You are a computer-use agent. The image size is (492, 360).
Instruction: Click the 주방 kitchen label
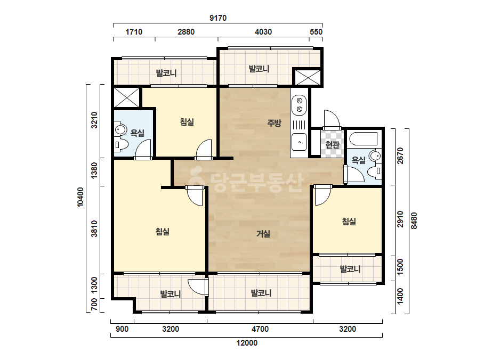click(274, 123)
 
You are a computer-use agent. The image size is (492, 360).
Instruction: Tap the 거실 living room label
click(263, 234)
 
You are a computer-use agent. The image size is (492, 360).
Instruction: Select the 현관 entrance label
click(332, 144)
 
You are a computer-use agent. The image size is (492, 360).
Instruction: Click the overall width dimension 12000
click(247, 343)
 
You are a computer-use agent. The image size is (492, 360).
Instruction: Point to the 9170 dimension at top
click(218, 18)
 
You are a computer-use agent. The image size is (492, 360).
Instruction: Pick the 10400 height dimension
click(80, 197)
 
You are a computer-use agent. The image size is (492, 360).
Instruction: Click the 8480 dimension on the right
click(414, 221)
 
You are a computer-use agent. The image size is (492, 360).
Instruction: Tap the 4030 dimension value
click(263, 31)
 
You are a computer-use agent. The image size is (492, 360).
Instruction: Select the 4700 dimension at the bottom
click(260, 329)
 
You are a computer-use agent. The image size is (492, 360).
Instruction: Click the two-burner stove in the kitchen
click(300, 105)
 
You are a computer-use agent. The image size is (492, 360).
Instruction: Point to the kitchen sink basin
click(299, 142)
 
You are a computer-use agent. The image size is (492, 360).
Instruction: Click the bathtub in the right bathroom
click(364, 138)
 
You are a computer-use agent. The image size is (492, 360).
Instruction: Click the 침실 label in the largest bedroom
click(163, 232)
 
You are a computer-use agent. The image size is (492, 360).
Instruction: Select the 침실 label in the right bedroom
click(349, 222)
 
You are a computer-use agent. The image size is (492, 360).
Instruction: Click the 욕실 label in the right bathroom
click(358, 160)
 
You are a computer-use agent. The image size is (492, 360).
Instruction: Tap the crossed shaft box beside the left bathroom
click(126, 97)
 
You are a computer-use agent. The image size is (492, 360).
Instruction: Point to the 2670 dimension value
click(400, 156)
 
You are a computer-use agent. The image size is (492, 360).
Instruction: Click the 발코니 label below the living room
click(261, 293)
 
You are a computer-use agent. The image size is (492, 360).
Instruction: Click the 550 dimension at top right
click(316, 31)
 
